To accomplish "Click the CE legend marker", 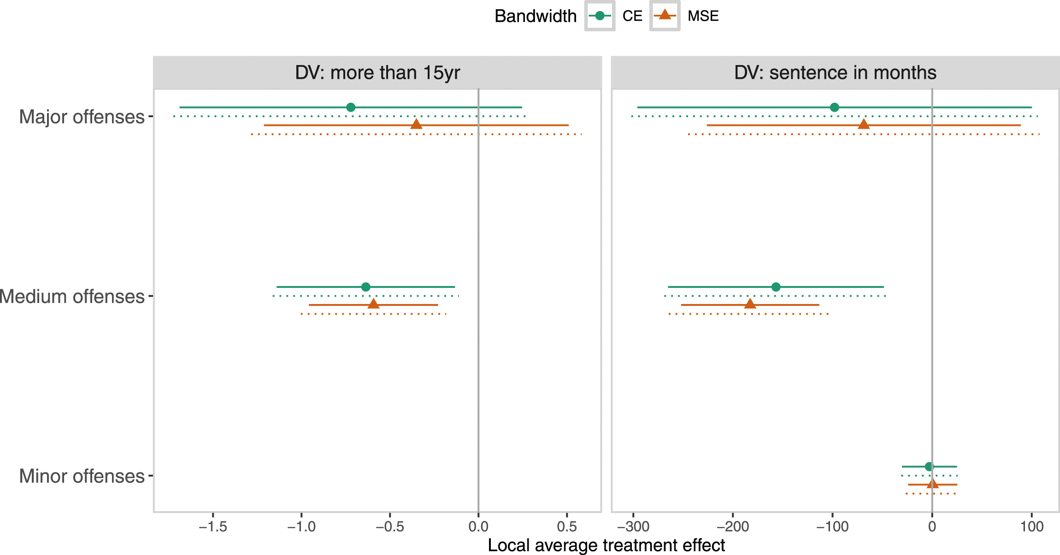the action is click(x=600, y=16).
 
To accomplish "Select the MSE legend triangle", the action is click(x=665, y=15).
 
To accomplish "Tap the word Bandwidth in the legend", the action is click(x=536, y=16).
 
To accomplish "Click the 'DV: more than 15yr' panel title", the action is click(x=377, y=73).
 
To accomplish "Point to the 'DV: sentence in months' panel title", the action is click(x=835, y=73).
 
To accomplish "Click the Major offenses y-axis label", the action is click(x=82, y=117).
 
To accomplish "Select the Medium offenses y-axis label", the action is click(x=72, y=296).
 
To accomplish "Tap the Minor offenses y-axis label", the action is click(x=82, y=476).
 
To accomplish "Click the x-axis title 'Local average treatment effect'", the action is click(x=607, y=545).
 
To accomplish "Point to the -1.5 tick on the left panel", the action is click(x=213, y=526).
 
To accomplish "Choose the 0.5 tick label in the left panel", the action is click(x=567, y=526).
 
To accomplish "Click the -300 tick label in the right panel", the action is click(x=633, y=526).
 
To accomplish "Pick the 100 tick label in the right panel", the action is click(x=1032, y=526).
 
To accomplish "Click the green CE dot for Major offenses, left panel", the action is click(x=351, y=107).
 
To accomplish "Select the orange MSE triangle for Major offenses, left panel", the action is click(x=416, y=124).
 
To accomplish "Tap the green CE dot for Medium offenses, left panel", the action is click(x=366, y=287).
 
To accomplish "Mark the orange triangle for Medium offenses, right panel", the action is click(x=750, y=304).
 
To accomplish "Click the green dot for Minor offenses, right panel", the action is click(x=929, y=466).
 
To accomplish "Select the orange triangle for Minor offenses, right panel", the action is click(x=933, y=483).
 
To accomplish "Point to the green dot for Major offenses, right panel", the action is click(x=835, y=107).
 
